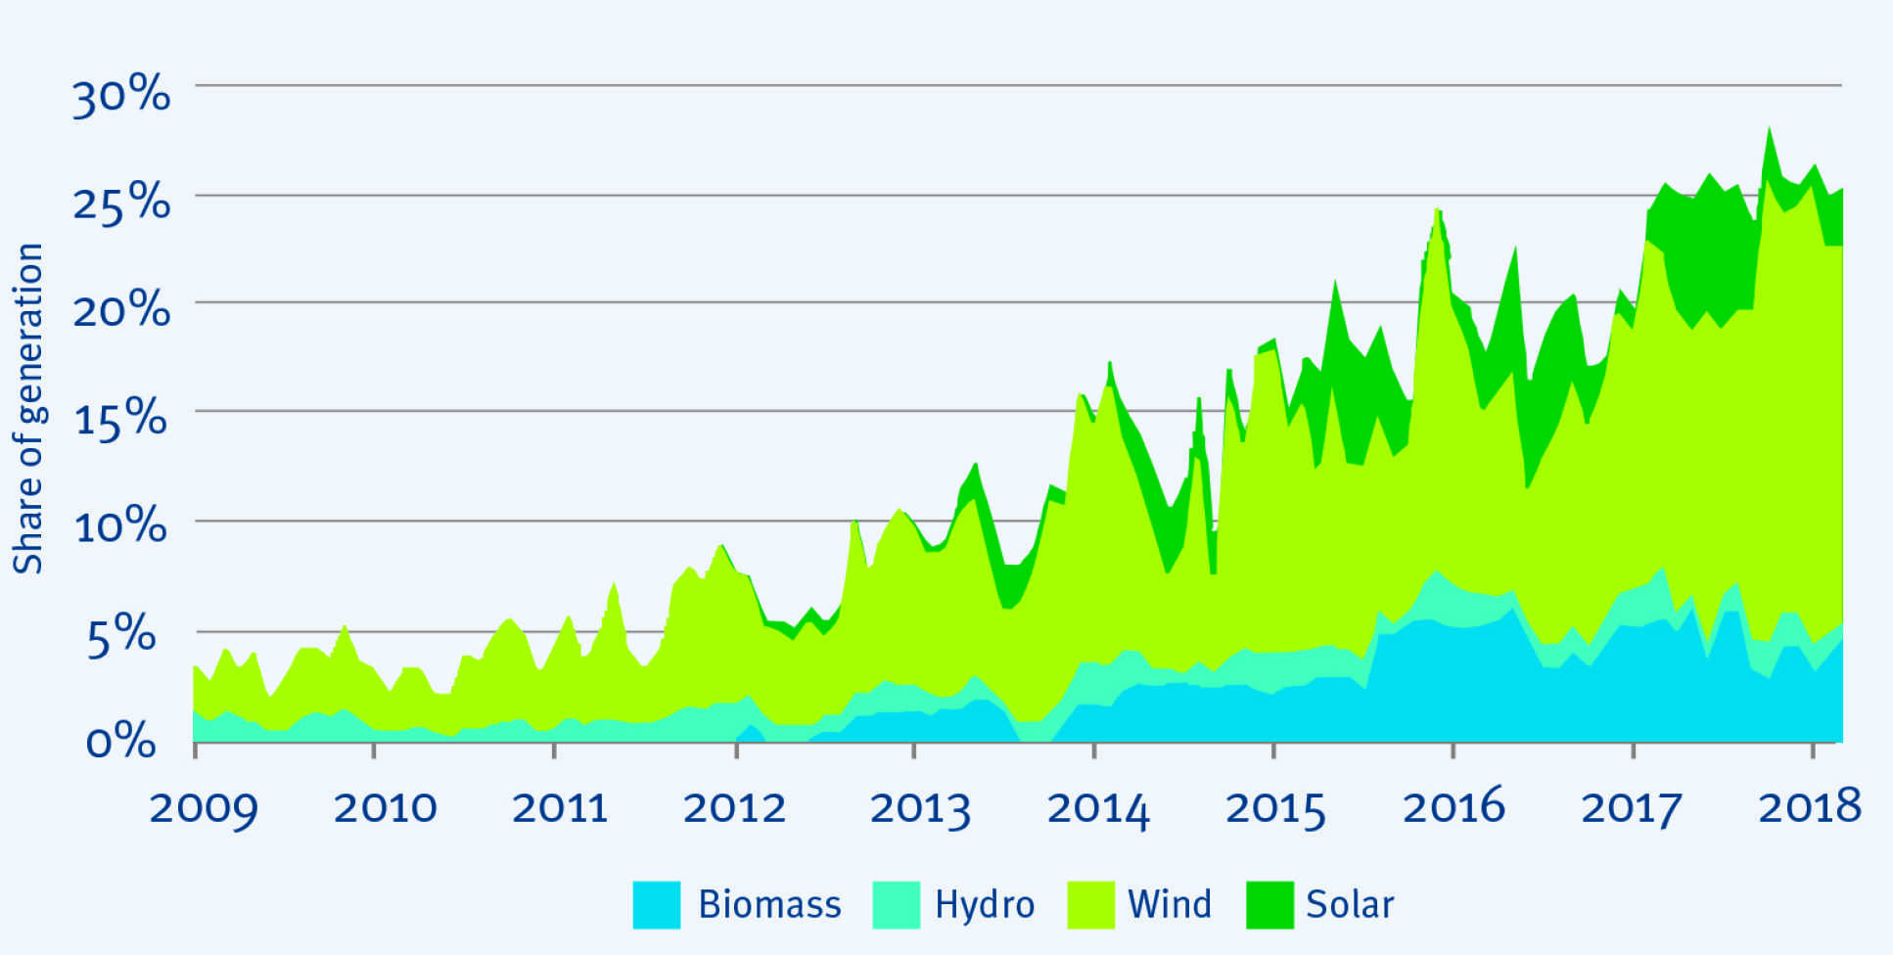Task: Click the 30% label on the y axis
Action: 121,96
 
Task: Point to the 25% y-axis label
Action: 121,204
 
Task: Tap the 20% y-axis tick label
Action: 121,311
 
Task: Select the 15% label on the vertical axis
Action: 121,419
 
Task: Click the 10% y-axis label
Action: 121,526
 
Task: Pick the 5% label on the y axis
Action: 121,636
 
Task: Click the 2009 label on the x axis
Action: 204,808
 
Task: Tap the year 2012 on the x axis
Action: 734,808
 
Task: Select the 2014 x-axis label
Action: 1098,808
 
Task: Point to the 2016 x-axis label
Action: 1454,808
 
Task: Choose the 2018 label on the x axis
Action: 1810,808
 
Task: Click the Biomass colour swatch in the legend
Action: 656,904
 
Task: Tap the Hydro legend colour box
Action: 896,904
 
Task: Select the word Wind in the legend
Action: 1169,904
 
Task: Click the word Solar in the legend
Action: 1349,904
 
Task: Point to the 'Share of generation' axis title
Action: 28,408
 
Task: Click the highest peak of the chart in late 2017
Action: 1769,129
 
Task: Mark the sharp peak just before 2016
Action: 1437,210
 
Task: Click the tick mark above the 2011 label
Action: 554,750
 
